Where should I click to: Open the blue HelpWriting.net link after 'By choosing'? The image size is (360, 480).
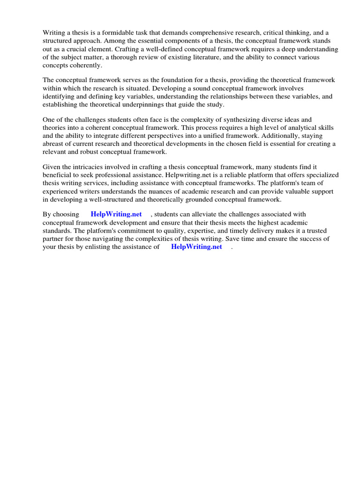[116, 214]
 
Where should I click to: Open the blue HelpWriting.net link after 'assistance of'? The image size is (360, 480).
[197, 247]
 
